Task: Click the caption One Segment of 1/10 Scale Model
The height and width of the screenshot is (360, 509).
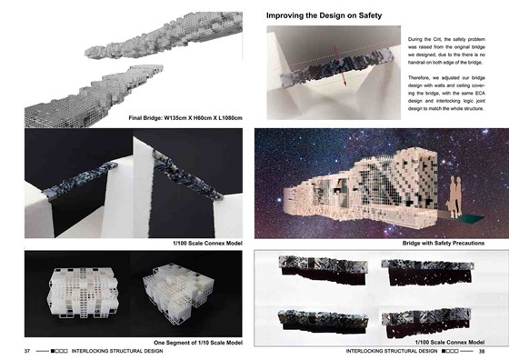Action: tap(198, 342)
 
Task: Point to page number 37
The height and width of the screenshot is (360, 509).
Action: tap(27, 351)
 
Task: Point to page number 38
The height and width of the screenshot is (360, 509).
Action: tap(482, 351)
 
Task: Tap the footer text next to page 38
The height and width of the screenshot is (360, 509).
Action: tap(393, 351)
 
